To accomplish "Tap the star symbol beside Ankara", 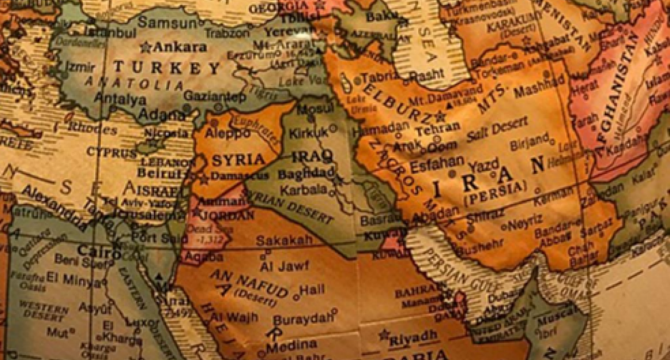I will [x=146, y=47].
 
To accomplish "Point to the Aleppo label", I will [x=228, y=133].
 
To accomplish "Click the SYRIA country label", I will [x=239, y=160].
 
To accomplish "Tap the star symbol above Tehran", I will [x=441, y=116].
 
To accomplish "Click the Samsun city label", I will [x=167, y=23].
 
